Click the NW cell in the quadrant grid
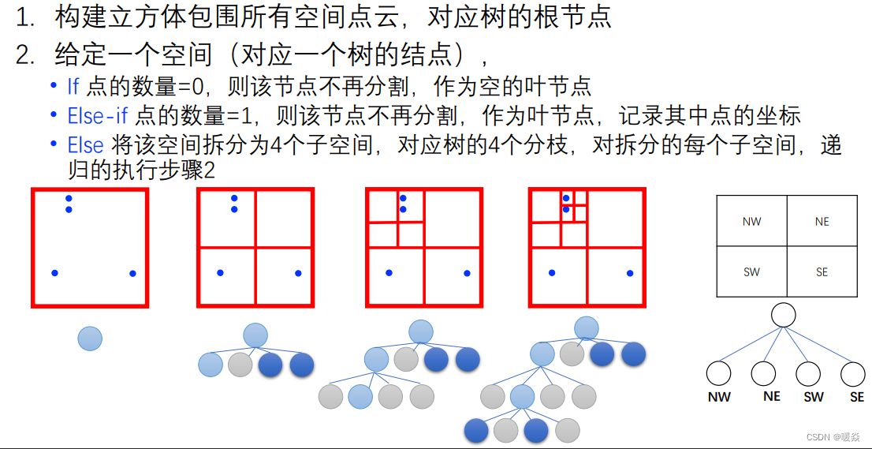pos(751,222)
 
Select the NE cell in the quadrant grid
pos(822,222)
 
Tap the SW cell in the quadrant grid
pos(751,272)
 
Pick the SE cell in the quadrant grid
pos(822,272)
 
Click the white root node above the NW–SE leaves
pos(783,316)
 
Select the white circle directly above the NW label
pos(718,373)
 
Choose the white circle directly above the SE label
pos(853,373)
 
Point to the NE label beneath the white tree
pos(772,397)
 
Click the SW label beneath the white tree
pos(814,398)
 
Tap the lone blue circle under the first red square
pos(90,339)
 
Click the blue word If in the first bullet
pos(73,86)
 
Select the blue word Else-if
pos(98,116)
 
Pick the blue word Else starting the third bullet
pos(85,145)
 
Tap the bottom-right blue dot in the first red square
pos(132,273)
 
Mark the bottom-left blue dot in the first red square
pos(54,273)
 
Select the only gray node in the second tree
pos(240,365)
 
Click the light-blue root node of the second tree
pos(255,335)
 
